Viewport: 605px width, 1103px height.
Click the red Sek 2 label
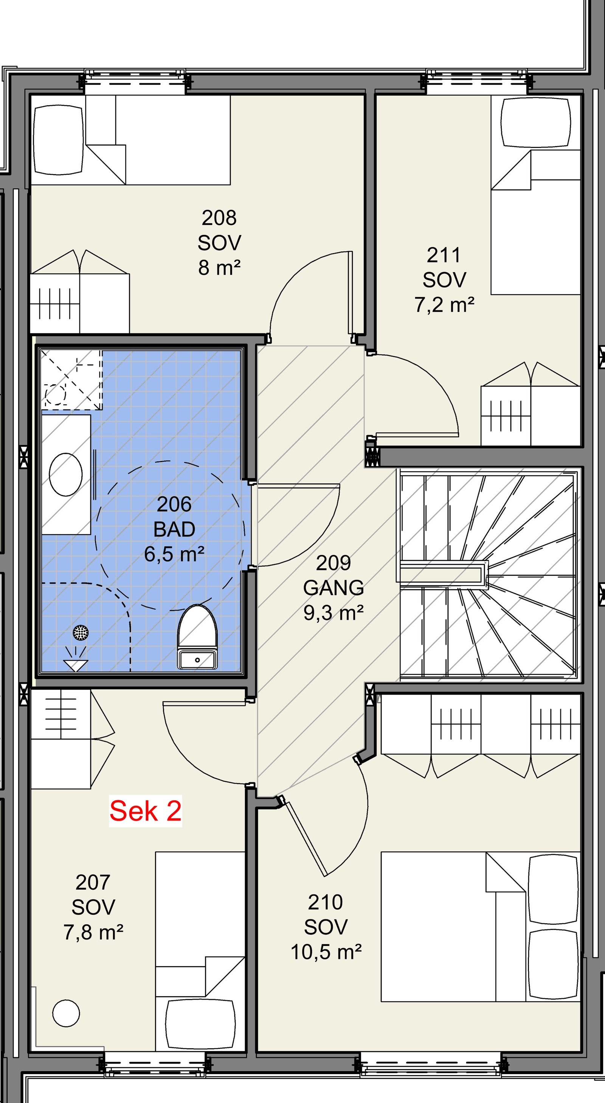coord(146,811)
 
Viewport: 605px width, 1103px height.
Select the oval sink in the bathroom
coord(65,474)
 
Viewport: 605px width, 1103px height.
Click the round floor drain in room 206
coord(81,633)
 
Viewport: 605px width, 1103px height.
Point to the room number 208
coord(219,218)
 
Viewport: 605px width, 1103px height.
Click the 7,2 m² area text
coord(444,305)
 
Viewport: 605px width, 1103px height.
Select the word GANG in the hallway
coord(333,588)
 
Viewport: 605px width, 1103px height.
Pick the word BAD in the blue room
coord(174,529)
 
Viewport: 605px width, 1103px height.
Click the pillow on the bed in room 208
coord(58,140)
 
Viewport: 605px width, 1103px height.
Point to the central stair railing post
coord(442,573)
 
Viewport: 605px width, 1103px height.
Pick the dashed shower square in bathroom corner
coord(71,379)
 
